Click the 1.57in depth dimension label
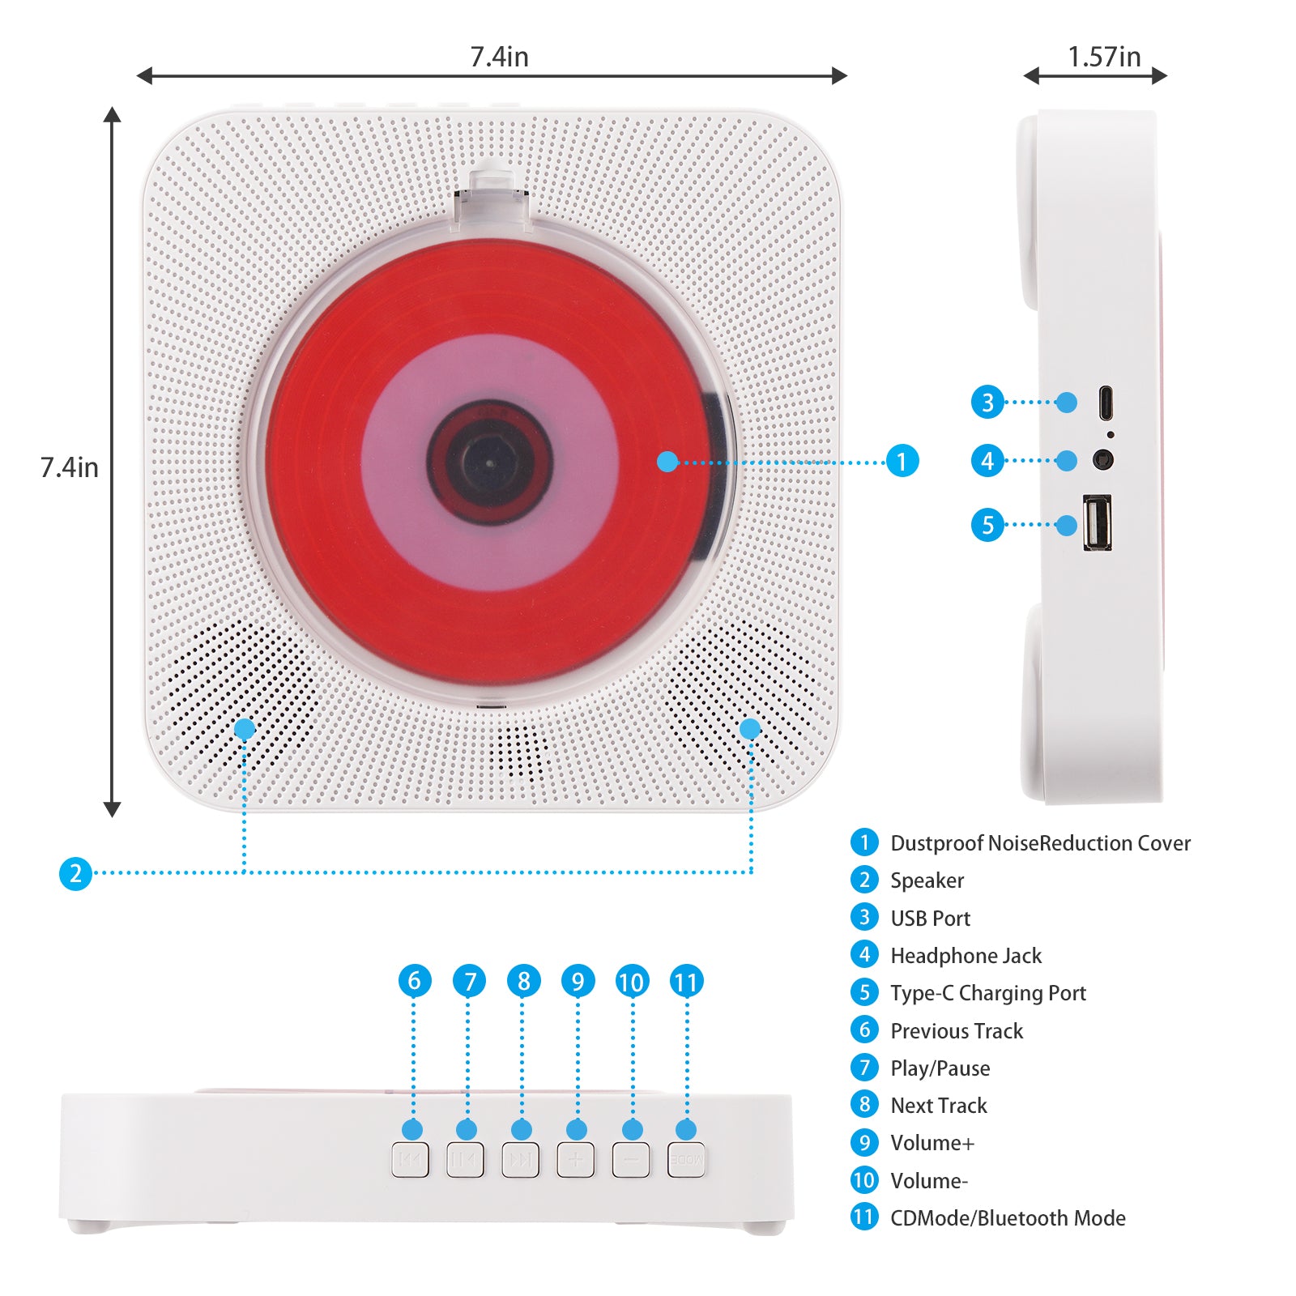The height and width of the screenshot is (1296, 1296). (1104, 57)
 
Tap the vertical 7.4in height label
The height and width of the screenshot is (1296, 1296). (70, 467)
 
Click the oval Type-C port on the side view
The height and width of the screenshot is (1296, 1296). (1106, 403)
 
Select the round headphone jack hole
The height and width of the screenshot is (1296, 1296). (1102, 460)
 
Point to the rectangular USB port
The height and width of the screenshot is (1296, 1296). (1098, 522)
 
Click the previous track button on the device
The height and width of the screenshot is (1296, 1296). (411, 1160)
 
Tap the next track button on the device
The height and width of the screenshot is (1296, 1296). (520, 1160)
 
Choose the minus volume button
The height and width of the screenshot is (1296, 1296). (631, 1160)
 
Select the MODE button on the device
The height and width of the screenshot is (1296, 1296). (686, 1160)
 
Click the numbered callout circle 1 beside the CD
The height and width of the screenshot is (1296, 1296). (902, 461)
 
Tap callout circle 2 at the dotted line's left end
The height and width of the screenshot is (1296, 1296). (75, 873)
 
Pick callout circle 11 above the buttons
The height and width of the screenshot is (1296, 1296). (686, 982)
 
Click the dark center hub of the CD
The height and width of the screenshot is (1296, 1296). (489, 463)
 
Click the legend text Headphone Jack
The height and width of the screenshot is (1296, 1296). (966, 956)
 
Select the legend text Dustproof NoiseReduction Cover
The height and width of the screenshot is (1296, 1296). (1040, 843)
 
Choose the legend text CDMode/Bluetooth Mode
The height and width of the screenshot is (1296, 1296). (1008, 1218)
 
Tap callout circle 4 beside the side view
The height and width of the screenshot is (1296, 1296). (987, 461)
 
